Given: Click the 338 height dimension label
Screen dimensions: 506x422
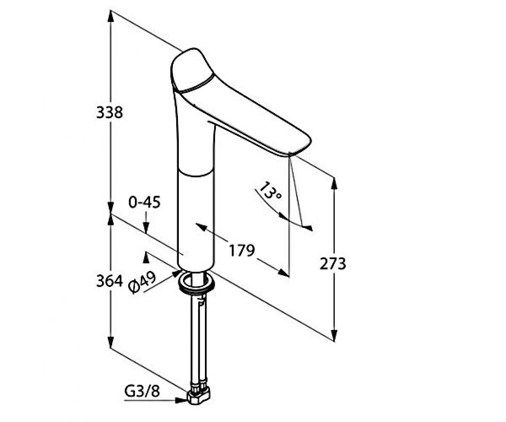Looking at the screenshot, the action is click(x=110, y=113).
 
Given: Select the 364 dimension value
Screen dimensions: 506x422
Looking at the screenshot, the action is click(x=110, y=281).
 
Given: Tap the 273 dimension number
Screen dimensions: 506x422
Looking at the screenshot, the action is click(x=333, y=264).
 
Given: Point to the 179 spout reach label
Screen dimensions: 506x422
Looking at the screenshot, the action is click(x=242, y=251).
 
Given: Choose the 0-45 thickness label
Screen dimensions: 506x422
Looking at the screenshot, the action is click(x=145, y=202).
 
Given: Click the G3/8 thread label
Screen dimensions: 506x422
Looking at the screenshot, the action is click(x=142, y=390).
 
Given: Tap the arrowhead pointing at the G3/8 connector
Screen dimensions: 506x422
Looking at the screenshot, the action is click(x=181, y=400).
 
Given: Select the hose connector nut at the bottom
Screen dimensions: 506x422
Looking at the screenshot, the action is click(x=199, y=398).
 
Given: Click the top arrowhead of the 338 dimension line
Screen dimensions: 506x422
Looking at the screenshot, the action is click(x=110, y=16).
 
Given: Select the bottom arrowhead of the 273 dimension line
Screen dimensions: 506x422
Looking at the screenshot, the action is click(x=334, y=335).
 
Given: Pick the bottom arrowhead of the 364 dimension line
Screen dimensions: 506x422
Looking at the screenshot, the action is click(x=110, y=341).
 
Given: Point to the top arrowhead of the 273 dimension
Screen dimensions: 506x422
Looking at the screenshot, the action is click(x=334, y=184).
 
